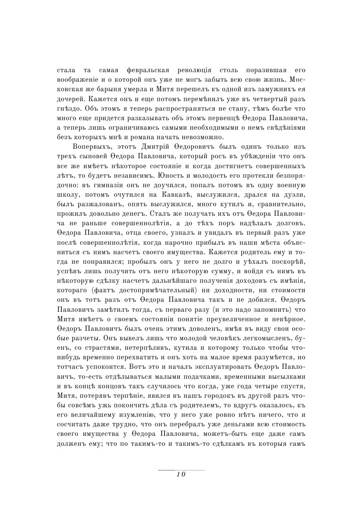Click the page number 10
coord(181,474)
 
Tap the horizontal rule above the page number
coord(181,470)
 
